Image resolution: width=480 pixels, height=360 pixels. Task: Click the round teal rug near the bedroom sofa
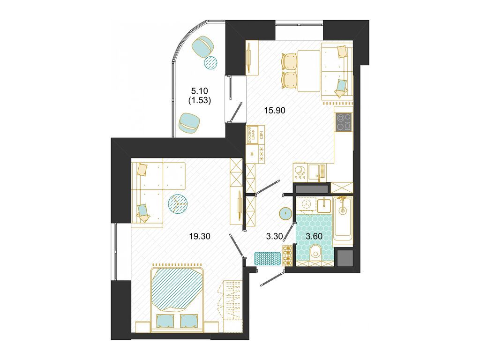[178, 203]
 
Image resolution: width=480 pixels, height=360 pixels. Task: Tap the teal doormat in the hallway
[267, 258]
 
